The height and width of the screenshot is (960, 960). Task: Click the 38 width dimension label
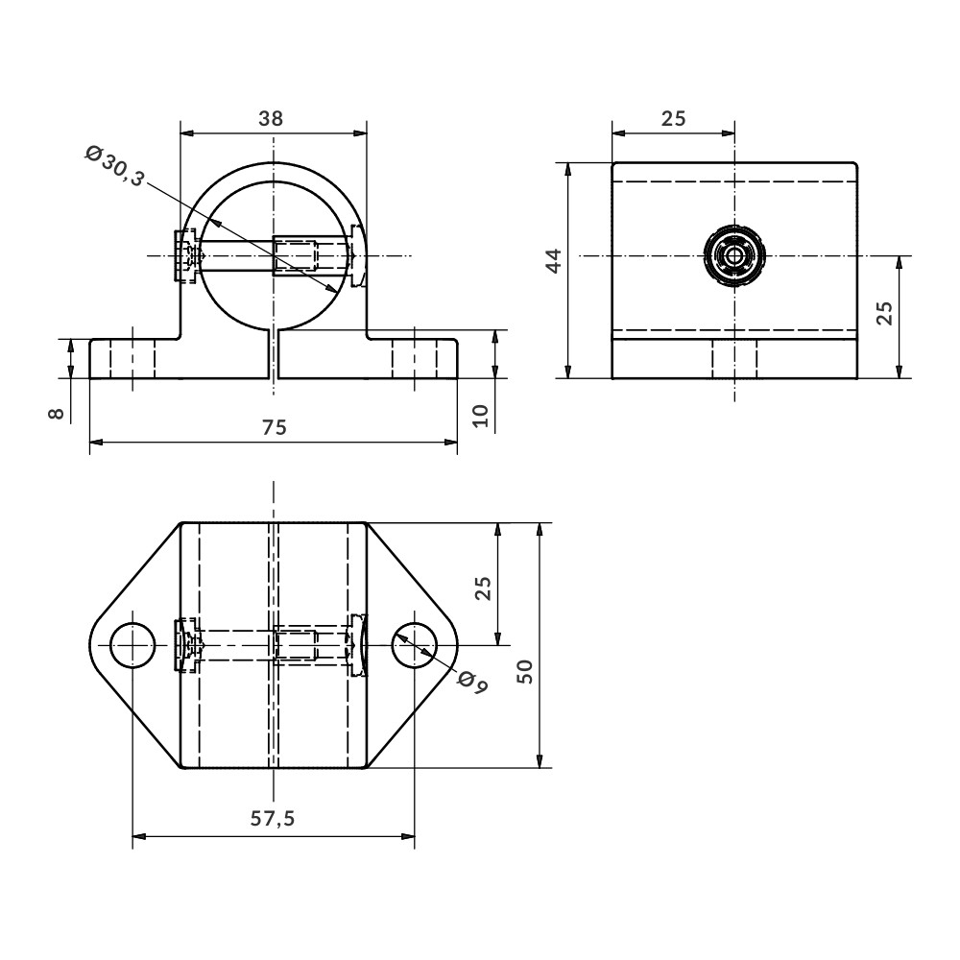pos(271,118)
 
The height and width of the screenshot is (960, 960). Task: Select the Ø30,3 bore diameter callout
pos(114,166)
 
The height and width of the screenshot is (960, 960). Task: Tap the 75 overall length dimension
pos(274,427)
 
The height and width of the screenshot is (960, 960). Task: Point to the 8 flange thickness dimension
pos(56,413)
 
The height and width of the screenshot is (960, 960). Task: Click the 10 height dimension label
pos(481,416)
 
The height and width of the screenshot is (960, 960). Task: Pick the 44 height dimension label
pos(554,260)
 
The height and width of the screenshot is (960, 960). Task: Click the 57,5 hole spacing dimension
pos(273,818)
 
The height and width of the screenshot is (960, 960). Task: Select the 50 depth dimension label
pos(525,672)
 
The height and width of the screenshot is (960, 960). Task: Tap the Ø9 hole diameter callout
pos(472,682)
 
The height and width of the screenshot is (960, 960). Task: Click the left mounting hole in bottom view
pos(132,645)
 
